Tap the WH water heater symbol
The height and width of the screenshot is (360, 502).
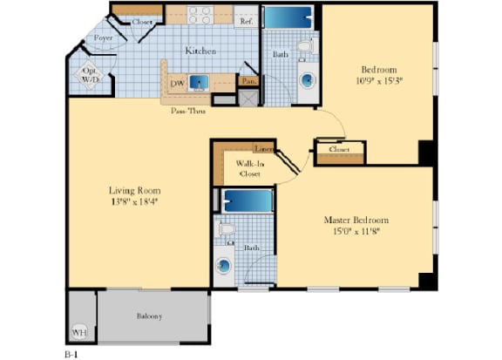point(80,332)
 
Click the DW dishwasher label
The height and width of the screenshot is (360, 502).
point(176,83)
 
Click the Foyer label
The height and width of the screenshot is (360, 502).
point(104,38)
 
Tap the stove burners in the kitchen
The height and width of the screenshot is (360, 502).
point(201,15)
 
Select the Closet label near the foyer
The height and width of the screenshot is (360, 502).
point(142,21)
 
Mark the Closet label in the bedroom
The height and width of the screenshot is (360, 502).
point(339,149)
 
